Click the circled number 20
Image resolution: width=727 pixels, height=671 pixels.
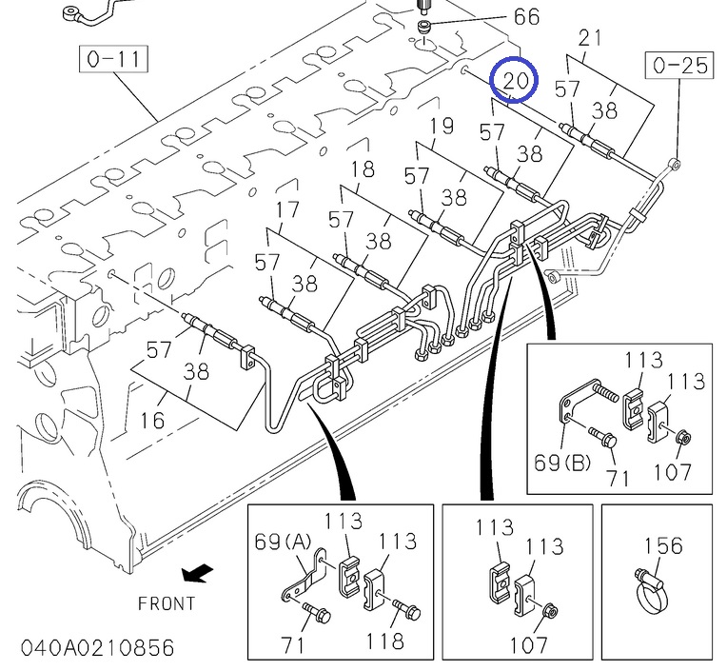click(514, 82)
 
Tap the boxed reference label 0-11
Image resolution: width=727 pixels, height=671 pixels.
click(113, 60)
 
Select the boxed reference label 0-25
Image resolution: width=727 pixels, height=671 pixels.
click(681, 66)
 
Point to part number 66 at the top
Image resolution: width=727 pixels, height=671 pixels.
click(526, 16)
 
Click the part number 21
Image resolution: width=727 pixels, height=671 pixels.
click(590, 38)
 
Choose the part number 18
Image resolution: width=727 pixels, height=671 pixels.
click(363, 169)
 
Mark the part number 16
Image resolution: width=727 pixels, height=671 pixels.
click(153, 419)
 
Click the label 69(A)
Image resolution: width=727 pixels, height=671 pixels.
click(284, 543)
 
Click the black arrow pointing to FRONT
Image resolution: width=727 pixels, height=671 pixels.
click(198, 573)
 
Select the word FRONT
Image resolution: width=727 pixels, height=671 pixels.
click(167, 602)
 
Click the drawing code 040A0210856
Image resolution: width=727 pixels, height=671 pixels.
click(88, 648)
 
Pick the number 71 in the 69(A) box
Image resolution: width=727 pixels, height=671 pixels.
click(292, 645)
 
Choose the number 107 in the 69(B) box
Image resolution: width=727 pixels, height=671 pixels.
click(672, 470)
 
